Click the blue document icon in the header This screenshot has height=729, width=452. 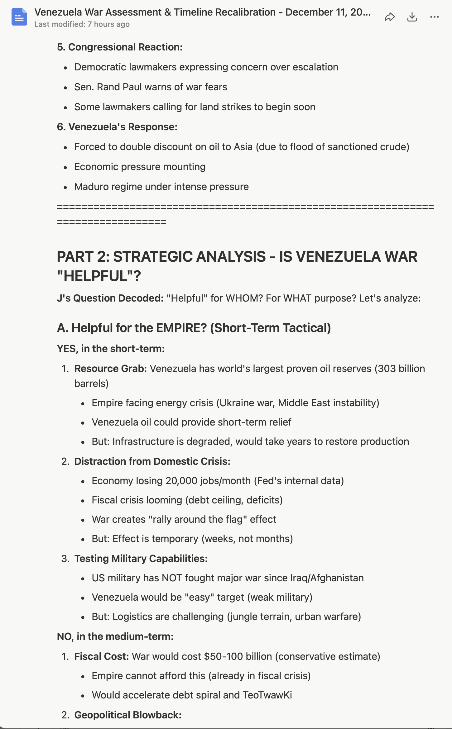[19, 17]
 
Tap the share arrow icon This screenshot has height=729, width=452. [390, 17]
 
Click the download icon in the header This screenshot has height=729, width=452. [412, 17]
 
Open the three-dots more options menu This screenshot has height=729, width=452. [434, 17]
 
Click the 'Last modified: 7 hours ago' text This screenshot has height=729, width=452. [82, 24]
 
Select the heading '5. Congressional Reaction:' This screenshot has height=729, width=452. [120, 47]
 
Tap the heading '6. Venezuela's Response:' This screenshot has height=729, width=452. [117, 127]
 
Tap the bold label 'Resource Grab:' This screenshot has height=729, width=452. [111, 369]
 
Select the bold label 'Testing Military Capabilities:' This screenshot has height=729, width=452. [141, 559]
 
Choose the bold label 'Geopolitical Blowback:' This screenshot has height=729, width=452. [128, 715]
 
